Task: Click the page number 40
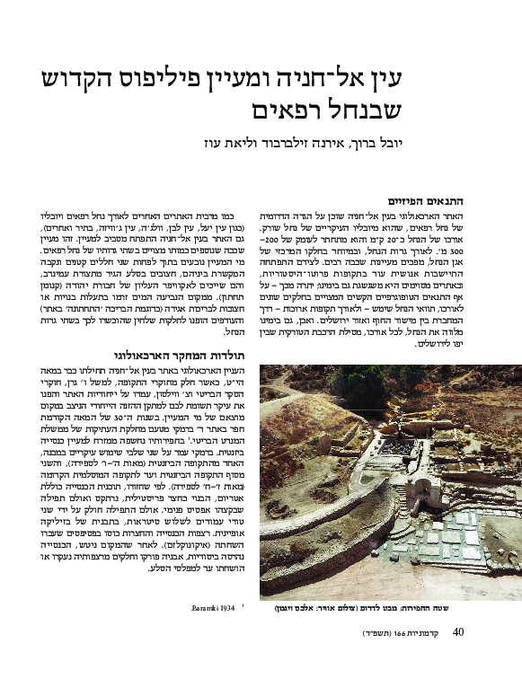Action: (x=457, y=632)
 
